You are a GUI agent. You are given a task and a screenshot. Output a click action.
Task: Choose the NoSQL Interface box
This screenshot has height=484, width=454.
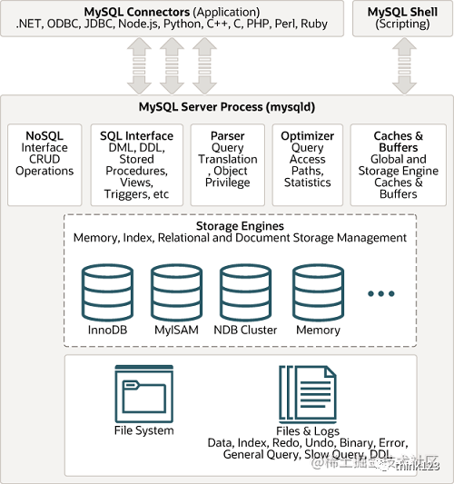(44, 160)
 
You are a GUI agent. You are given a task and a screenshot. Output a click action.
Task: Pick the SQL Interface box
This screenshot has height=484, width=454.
(136, 164)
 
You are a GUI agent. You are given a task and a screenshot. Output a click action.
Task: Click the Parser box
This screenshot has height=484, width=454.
(227, 160)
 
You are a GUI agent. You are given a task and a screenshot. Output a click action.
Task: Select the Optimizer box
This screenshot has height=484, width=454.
(308, 160)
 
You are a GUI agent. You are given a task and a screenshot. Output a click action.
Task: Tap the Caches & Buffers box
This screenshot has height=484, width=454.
(398, 164)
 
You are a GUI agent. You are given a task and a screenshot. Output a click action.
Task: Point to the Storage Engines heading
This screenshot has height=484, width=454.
(240, 225)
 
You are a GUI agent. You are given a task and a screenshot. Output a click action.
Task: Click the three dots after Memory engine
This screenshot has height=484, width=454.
(381, 293)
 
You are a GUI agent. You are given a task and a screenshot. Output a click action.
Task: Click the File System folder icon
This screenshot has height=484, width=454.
(143, 391)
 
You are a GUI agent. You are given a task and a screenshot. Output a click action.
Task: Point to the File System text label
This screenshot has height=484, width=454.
(143, 430)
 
